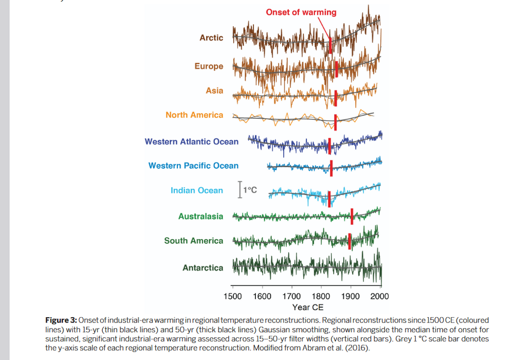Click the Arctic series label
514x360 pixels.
(211, 38)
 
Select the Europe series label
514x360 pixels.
(209, 66)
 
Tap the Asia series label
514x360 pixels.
(214, 91)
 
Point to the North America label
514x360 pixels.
(194, 115)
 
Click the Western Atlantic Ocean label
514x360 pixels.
(191, 141)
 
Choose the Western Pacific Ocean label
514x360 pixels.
(193, 166)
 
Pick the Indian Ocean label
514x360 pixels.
(197, 190)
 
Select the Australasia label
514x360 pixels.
(200, 217)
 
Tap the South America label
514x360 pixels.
(194, 241)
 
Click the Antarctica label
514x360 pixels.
(203, 268)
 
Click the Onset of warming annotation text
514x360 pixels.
(301, 12)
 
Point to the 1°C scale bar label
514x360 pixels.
(250, 190)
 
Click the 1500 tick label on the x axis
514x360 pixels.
(233, 296)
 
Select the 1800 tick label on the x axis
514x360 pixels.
(321, 296)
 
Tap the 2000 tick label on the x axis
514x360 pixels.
(380, 296)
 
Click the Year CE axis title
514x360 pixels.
(308, 307)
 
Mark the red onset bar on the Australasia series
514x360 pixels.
(352, 217)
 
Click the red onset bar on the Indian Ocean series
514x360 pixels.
(329, 198)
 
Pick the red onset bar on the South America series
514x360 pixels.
(350, 241)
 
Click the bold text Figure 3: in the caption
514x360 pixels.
(61, 320)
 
